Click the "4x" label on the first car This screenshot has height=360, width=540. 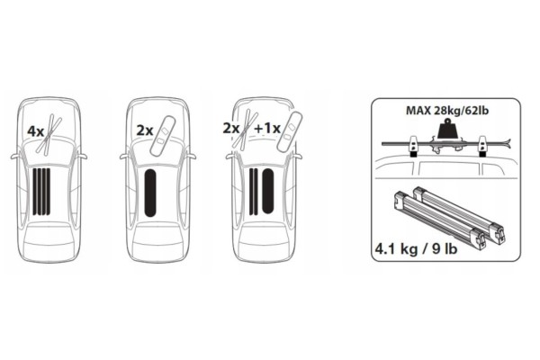tap(35, 131)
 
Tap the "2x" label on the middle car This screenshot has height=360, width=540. tap(145, 130)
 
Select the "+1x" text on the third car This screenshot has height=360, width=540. tap(267, 129)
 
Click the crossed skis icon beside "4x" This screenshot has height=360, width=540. tap(49, 133)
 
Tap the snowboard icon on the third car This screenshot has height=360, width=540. tap(289, 130)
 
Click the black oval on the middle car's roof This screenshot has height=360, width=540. tap(150, 193)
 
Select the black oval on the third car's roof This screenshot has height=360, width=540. tap(267, 191)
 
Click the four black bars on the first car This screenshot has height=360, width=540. tap(41, 191)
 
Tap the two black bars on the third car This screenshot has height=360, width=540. tap(253, 191)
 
